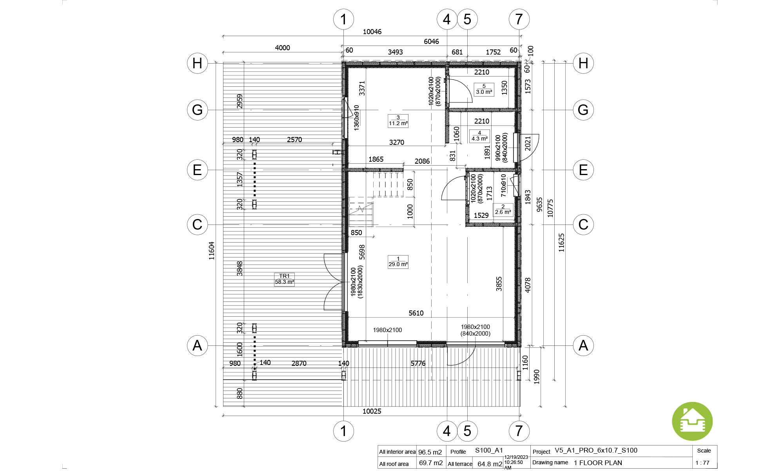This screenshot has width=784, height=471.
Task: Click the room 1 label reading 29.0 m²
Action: [x=398, y=262]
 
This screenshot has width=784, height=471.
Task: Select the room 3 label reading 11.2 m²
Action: [x=398, y=120]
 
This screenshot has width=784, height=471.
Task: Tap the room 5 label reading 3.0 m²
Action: [x=484, y=89]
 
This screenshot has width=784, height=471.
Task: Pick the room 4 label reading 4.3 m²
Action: [x=479, y=136]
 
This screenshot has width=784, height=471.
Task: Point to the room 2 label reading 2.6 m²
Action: [x=503, y=209]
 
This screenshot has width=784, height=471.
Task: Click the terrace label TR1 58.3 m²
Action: [x=284, y=279]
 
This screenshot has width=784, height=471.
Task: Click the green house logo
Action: [x=692, y=421]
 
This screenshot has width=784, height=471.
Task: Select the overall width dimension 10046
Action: [x=372, y=32]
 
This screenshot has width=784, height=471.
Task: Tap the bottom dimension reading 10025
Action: [x=372, y=411]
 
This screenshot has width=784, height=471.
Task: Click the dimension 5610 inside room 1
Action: [x=416, y=313]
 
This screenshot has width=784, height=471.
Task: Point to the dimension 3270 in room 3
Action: [x=397, y=142]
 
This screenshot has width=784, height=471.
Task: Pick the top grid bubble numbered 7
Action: [x=519, y=19]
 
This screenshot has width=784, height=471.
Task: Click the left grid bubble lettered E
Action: [x=197, y=170]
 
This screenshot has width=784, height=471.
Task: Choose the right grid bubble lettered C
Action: [x=583, y=225]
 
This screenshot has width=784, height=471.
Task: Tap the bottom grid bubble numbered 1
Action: [x=343, y=431]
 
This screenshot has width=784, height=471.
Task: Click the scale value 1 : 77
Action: [x=702, y=463]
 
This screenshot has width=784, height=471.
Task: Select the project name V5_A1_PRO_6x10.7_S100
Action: [x=596, y=451]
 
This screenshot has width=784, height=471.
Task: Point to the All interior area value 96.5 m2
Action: [x=430, y=452]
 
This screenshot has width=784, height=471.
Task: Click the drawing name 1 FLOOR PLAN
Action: [x=598, y=463]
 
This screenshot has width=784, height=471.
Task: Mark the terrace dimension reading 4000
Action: [x=282, y=48]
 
